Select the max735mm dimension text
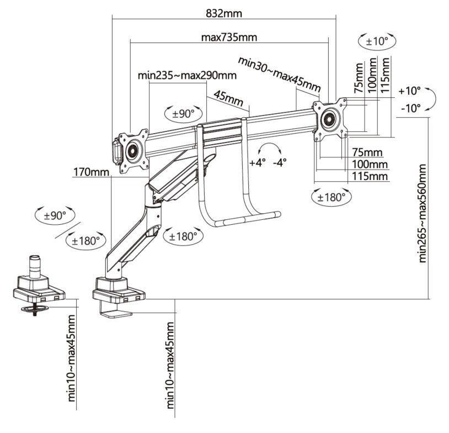(x=229, y=38)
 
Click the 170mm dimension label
(x=92, y=172)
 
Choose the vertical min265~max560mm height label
(x=423, y=213)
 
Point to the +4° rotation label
(x=257, y=163)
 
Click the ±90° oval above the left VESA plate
(x=184, y=114)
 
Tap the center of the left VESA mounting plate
(x=133, y=151)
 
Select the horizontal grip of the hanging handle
(x=248, y=220)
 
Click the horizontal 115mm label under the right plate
(x=369, y=176)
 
